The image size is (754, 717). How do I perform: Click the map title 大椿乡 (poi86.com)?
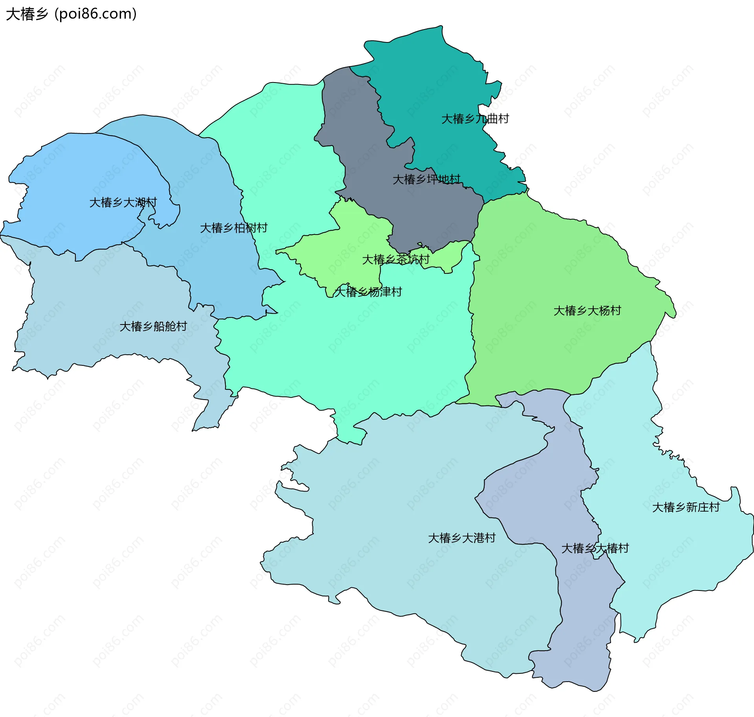point(71,14)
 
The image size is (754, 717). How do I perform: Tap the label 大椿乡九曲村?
point(475,119)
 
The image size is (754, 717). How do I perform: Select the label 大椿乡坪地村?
point(426,179)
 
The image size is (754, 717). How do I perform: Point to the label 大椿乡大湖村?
point(123,202)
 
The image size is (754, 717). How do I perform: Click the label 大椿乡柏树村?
point(234,228)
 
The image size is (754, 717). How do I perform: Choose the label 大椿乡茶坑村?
point(395,259)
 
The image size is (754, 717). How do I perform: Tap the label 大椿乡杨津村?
point(368,292)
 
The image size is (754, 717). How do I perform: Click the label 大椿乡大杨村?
point(587,311)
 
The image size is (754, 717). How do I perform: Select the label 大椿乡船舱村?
point(153,326)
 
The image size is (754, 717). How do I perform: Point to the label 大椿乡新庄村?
point(686,507)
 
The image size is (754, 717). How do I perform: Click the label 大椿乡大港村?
point(462,538)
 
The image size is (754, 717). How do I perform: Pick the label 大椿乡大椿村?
point(595,548)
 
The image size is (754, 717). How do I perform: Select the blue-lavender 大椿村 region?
point(550,491)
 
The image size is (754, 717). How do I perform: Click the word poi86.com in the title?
point(95,14)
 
